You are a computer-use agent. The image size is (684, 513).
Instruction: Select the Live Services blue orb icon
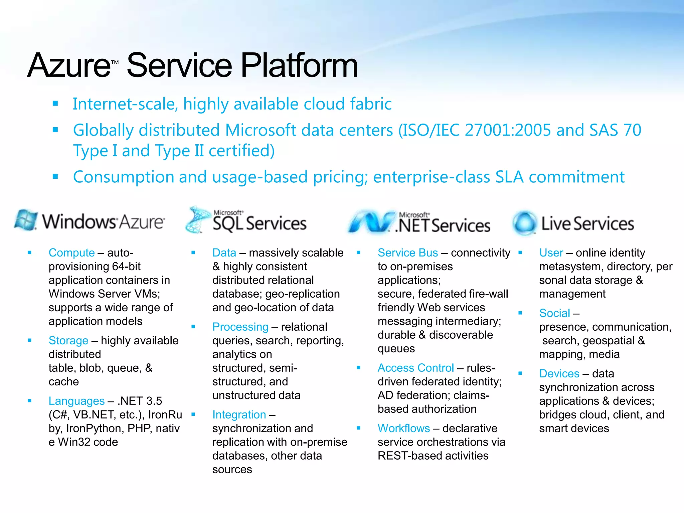pos(524,223)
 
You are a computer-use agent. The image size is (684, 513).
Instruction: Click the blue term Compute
pos(71,253)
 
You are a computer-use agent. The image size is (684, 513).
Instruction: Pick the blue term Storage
pos(68,341)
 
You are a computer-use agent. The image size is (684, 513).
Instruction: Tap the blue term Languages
pos(76,401)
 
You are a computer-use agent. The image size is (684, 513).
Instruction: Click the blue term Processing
pos(240,327)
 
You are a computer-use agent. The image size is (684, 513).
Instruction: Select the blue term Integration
pos(239,415)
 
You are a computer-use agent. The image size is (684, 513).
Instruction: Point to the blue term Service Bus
pos(407,253)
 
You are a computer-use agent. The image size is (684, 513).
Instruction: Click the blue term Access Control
pos(415,368)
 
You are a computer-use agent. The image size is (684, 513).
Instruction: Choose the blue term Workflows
pos(403,429)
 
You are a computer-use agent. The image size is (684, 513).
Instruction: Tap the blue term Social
pos(554,313)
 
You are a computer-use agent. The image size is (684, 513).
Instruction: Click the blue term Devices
pos(559,374)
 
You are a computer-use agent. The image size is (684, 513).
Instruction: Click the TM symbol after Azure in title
pos(115,62)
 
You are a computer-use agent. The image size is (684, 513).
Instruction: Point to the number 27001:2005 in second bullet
pos(507,130)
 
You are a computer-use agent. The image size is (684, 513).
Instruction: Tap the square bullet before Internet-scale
pos(55,104)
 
